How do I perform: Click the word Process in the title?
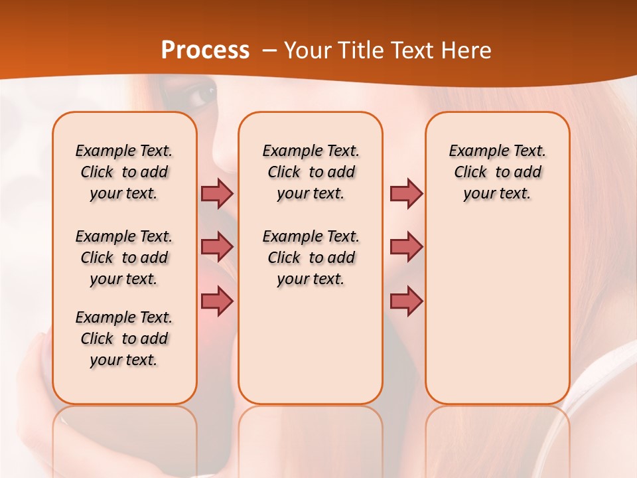pyautogui.click(x=205, y=50)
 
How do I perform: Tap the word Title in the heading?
pyautogui.click(x=362, y=50)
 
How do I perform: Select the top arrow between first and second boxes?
pyautogui.click(x=217, y=193)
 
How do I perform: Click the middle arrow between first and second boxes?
pyautogui.click(x=217, y=247)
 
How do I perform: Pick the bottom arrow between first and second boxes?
pyautogui.click(x=217, y=301)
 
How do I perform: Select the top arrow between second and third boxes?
pyautogui.click(x=406, y=193)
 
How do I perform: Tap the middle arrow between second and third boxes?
pyautogui.click(x=406, y=247)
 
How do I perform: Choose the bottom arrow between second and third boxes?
pyautogui.click(x=406, y=301)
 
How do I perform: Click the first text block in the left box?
pyautogui.click(x=124, y=172)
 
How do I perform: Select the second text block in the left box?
pyautogui.click(x=124, y=258)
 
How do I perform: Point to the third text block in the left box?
pyautogui.click(x=124, y=339)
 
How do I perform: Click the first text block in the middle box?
pyautogui.click(x=311, y=172)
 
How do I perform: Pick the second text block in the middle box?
pyautogui.click(x=311, y=258)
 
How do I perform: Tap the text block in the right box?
pyautogui.click(x=497, y=172)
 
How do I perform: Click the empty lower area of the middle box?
pyautogui.click(x=311, y=345)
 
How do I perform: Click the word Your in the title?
pyautogui.click(x=308, y=50)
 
